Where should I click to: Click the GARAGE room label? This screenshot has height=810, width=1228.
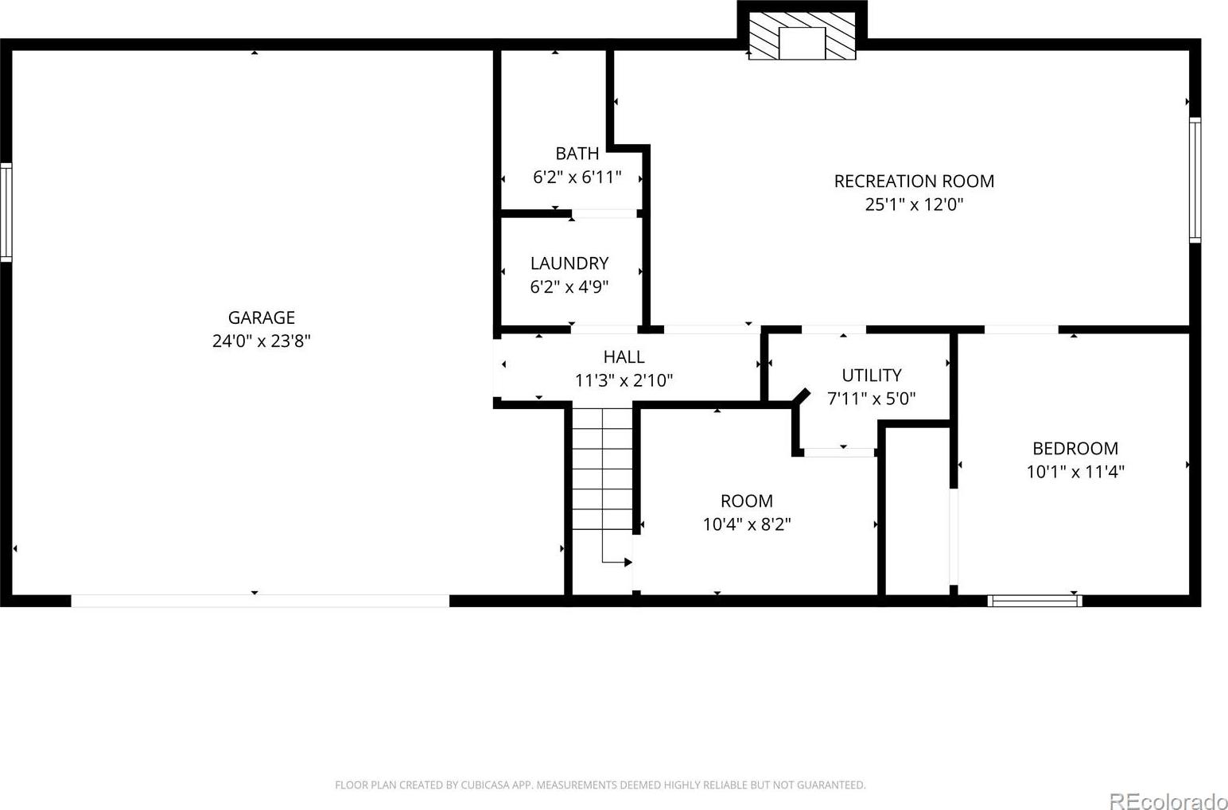[x=262, y=317]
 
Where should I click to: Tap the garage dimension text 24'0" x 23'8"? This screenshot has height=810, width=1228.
[x=262, y=341]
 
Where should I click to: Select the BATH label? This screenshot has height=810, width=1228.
[x=577, y=154]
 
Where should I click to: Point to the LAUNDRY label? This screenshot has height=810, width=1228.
[x=569, y=263]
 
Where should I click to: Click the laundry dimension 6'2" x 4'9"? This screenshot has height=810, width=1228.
[x=569, y=286]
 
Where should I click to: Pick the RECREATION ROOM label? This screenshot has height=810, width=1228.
[x=914, y=181]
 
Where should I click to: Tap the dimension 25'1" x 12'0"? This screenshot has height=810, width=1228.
[x=914, y=204]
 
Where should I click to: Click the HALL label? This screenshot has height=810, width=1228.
[x=624, y=357]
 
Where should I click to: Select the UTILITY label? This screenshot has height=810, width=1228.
[x=872, y=375]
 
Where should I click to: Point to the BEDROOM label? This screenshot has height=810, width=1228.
[x=1075, y=449]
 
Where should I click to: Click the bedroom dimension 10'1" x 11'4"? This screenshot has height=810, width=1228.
[x=1075, y=472]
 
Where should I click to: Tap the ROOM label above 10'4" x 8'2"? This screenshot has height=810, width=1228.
[x=747, y=500]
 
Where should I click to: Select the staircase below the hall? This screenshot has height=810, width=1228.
[x=603, y=469]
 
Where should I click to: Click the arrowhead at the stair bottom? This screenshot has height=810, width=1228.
[x=628, y=562]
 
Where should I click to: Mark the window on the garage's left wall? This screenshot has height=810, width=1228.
[x=6, y=212]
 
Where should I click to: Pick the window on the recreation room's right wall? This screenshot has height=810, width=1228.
[x=1195, y=180]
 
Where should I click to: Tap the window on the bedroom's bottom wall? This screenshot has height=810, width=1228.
[x=1035, y=601]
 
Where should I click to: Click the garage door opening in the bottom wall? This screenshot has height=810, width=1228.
[x=260, y=601]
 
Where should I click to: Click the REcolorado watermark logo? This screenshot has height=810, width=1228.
[x=1168, y=800]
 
